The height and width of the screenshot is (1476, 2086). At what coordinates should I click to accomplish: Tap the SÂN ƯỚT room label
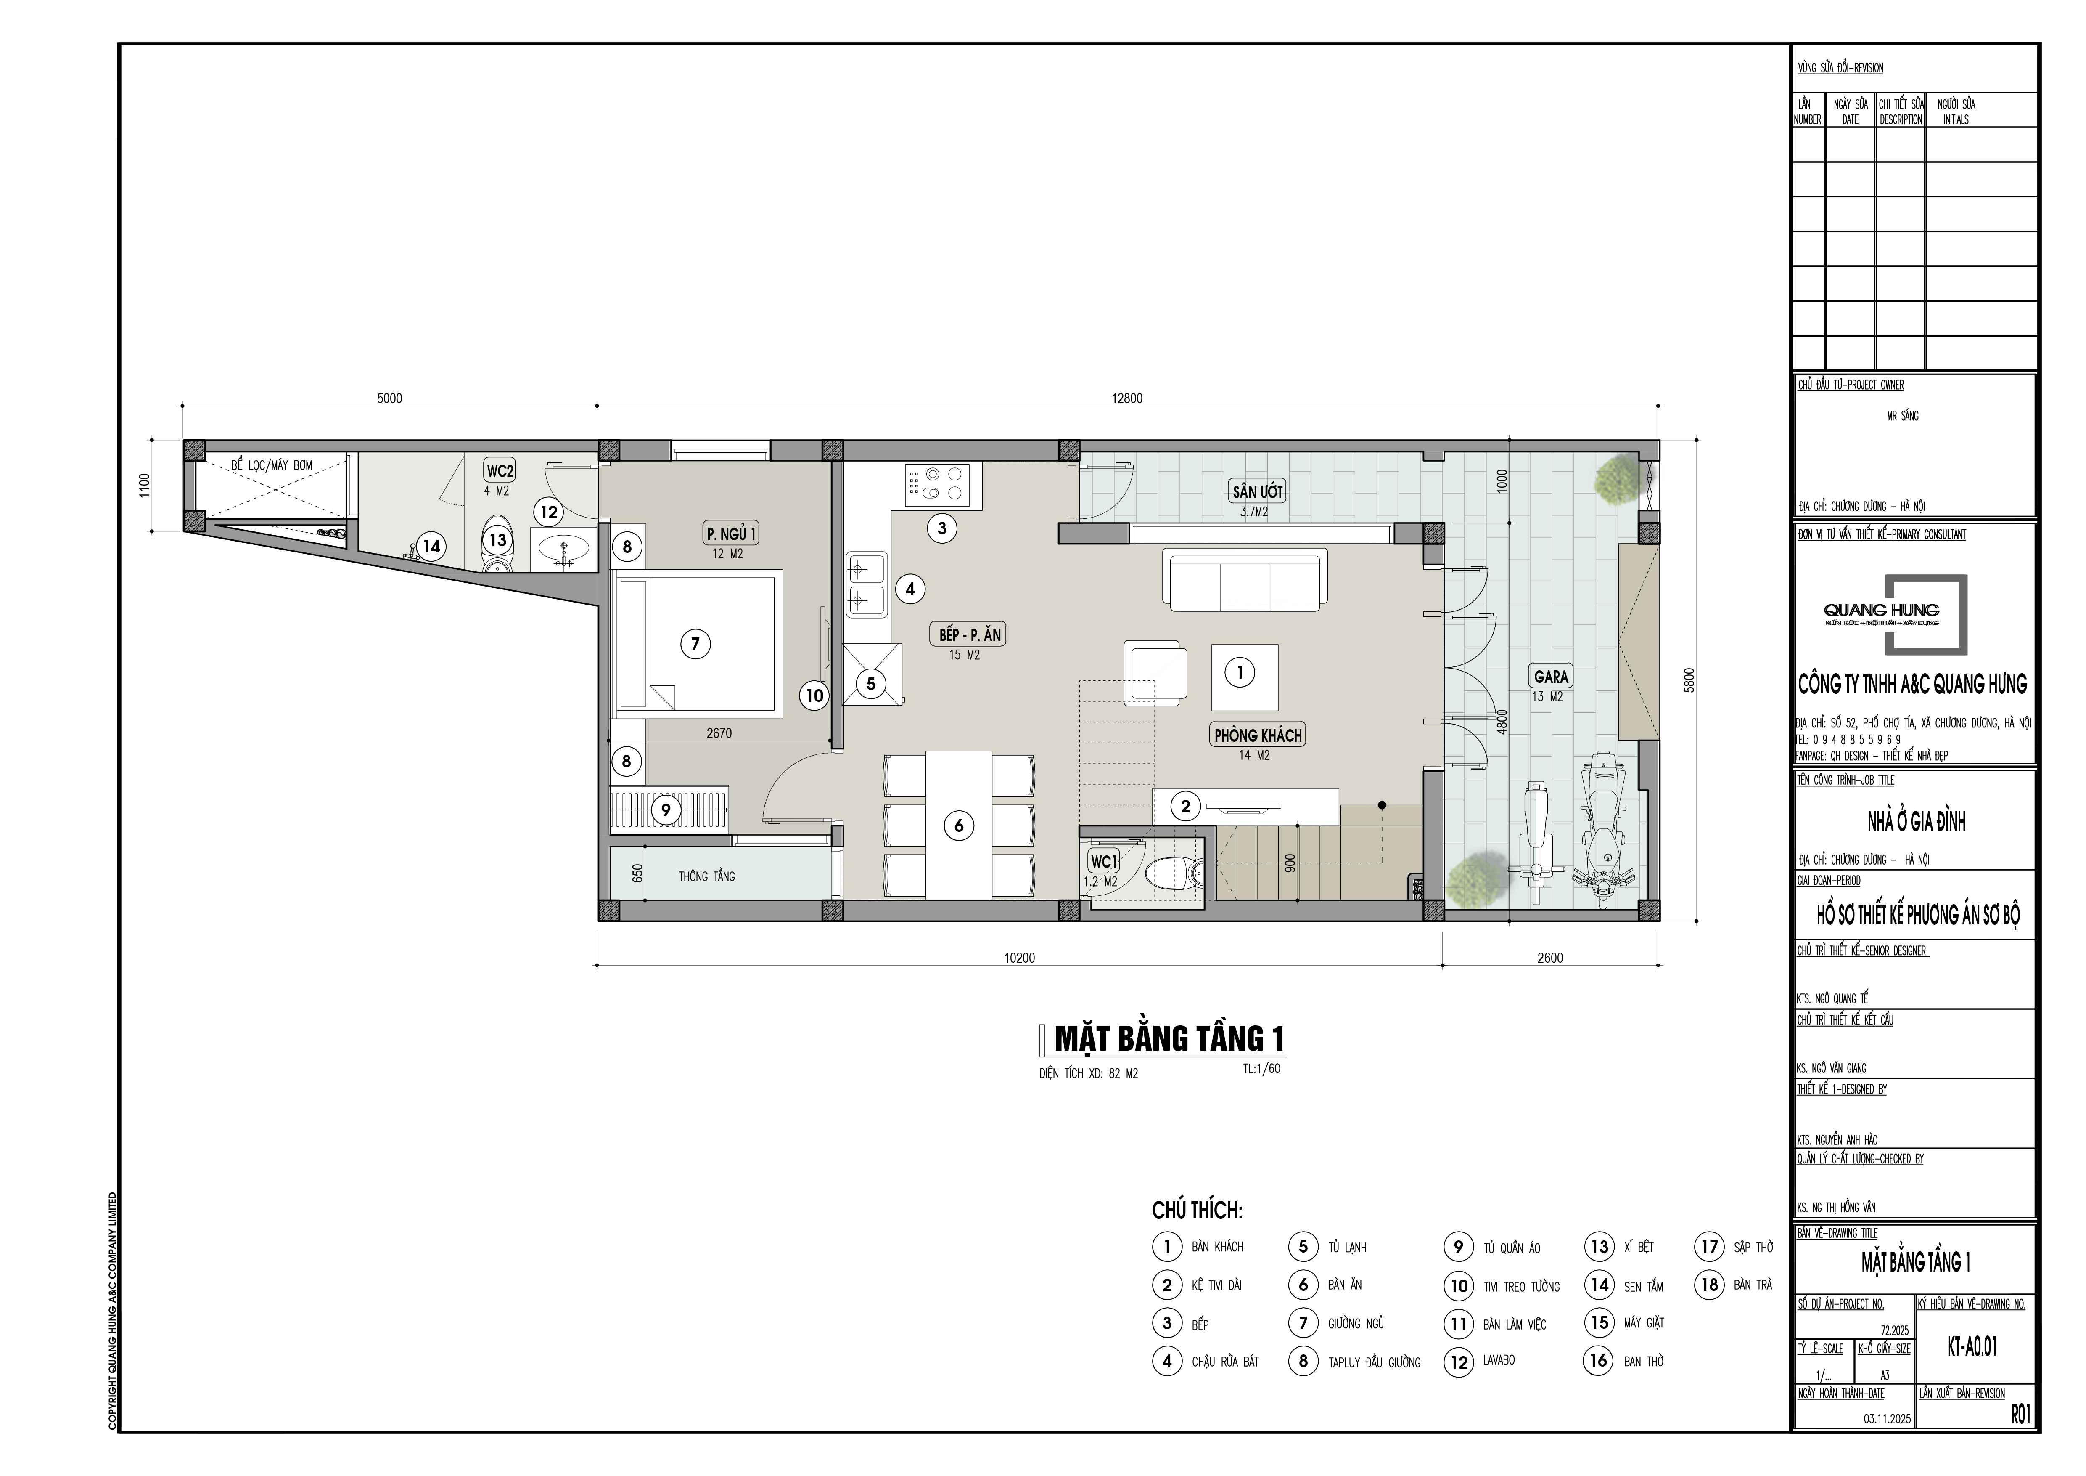pos(1257,492)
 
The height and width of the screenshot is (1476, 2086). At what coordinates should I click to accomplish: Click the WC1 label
pos(1103,862)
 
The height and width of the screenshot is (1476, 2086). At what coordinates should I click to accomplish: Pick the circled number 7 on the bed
pos(695,645)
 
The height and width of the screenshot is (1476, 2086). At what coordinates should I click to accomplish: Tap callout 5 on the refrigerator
pos(870,683)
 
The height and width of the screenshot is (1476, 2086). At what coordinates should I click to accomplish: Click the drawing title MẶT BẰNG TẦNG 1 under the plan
pos(1169,1039)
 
